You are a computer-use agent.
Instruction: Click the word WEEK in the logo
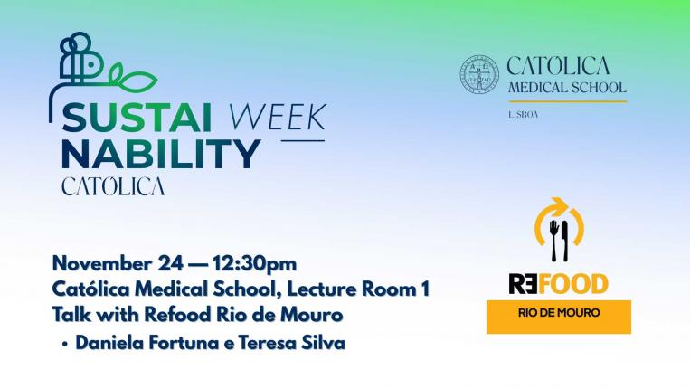[278, 117]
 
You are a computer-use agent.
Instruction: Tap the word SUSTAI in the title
[137, 117]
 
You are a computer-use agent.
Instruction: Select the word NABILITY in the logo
[161, 155]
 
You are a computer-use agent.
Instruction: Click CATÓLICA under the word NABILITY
[113, 186]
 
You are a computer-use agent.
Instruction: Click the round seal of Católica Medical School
[479, 75]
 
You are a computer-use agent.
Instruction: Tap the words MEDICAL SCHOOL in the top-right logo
[567, 88]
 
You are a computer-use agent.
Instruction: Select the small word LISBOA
[524, 115]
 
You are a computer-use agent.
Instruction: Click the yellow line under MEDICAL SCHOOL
[568, 101]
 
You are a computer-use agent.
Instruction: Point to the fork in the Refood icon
[554, 240]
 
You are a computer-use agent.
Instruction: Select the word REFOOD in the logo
[559, 284]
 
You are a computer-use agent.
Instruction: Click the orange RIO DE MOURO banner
[559, 317]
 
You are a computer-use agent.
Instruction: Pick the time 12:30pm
[255, 263]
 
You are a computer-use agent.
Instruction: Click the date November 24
[118, 263]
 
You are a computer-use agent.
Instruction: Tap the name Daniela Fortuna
[147, 343]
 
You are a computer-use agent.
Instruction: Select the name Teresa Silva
[292, 343]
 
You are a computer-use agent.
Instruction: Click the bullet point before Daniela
[65, 344]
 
